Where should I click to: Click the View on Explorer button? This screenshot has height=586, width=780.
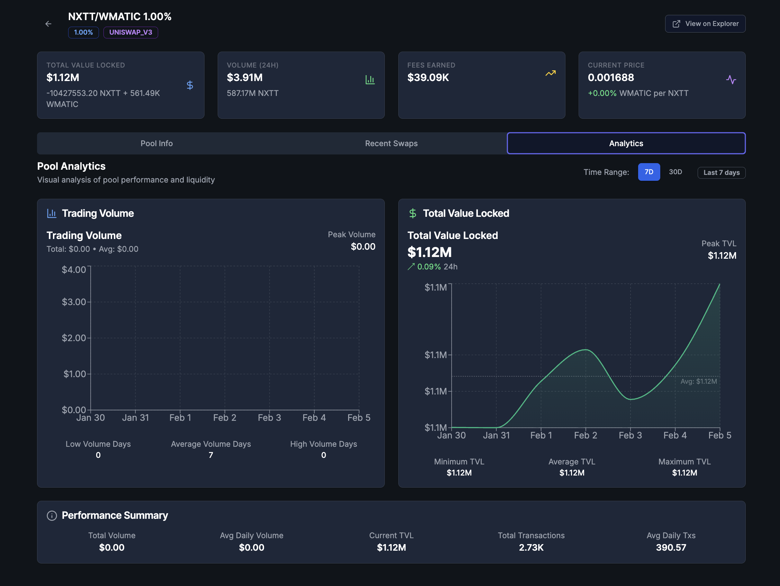pos(705,24)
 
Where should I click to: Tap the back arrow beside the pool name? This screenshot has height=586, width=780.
pos(48,24)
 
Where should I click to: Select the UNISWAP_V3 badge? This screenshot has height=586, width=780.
pos(130,33)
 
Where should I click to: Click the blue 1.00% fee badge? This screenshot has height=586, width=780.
pos(83,33)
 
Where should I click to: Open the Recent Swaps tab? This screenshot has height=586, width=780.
pos(391,143)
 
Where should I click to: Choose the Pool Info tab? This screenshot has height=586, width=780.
pos(156,143)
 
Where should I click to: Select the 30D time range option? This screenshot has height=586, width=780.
pos(675,172)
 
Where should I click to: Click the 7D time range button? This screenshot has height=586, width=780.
pos(649,172)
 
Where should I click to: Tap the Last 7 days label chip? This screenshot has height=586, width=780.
pos(721,172)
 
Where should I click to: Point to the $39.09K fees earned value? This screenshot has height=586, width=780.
pos(428,78)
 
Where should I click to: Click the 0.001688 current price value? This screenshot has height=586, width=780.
pos(610,78)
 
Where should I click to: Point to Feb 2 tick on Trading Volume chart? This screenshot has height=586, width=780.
pos(225,418)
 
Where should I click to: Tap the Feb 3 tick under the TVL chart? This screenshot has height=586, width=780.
pos(630,435)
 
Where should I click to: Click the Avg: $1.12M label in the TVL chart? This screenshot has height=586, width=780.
pos(698,381)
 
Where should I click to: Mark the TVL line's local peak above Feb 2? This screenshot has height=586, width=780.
pos(586,349)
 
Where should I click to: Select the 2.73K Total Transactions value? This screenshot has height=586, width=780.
pos(531,548)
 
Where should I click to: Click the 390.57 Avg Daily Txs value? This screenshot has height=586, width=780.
pos(671,548)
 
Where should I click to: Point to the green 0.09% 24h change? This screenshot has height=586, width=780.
pos(429,267)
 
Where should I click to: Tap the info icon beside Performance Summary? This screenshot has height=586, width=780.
pos(52,516)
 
